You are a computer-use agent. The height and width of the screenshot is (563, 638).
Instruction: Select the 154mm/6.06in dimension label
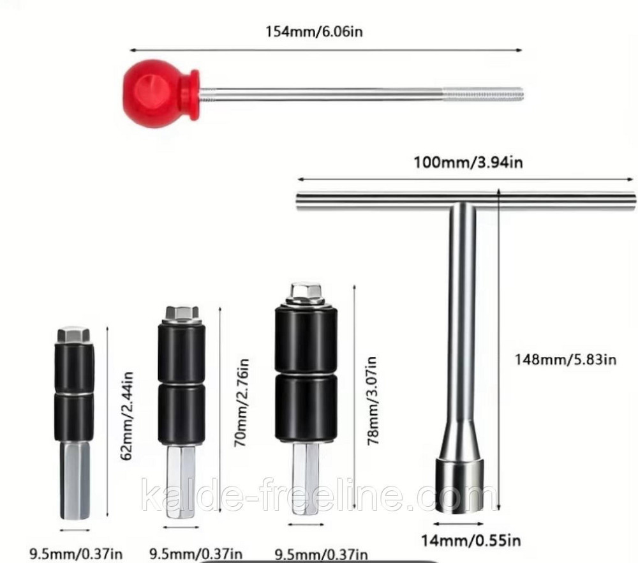pos(315,31)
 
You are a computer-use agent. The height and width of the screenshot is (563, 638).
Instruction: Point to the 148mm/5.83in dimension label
pos(565,359)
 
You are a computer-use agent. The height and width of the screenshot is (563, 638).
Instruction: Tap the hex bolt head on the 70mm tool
pos(182,314)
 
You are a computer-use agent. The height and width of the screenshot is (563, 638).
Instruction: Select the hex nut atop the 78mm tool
pos(306,293)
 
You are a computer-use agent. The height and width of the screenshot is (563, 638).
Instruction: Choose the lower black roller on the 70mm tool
pos(182,413)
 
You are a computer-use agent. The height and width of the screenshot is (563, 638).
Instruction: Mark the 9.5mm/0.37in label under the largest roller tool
pos(321,553)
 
